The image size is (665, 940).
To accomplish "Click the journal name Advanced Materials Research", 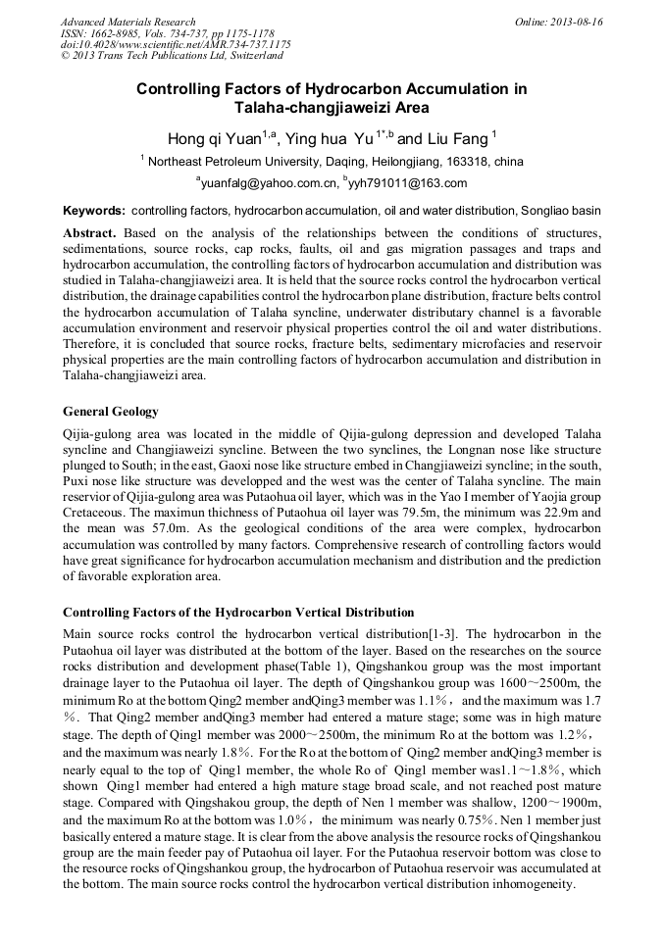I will coord(128,22).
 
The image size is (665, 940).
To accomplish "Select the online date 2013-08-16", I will coord(576,22).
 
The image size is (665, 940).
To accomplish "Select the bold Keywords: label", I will coord(94,211).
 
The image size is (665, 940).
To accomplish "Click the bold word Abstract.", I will coord(89,233).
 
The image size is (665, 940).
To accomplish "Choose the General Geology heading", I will coord(111,411).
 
